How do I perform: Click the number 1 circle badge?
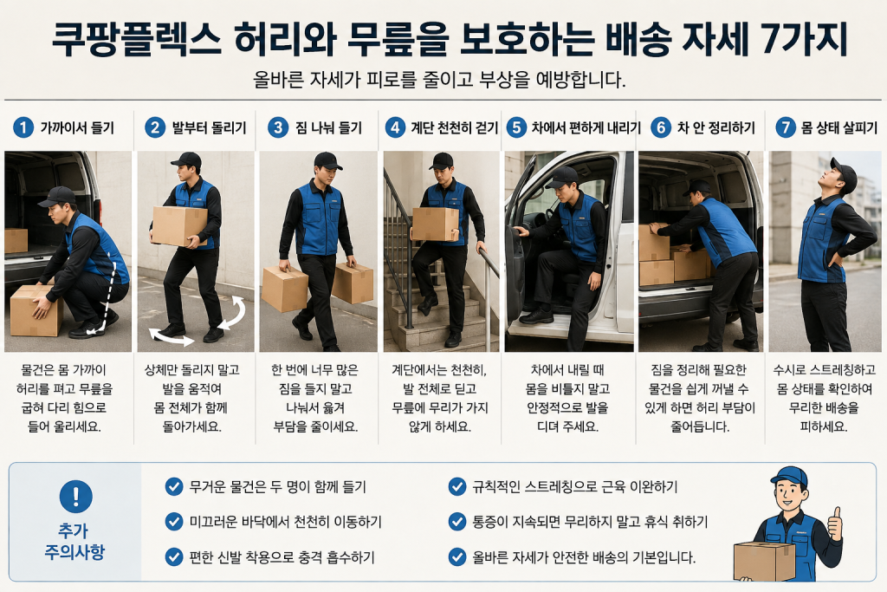(23, 127)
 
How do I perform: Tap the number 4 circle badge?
(395, 127)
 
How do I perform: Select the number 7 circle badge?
(785, 127)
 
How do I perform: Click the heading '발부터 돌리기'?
(209, 128)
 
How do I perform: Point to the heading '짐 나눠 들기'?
(328, 128)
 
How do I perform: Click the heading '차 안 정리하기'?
(715, 128)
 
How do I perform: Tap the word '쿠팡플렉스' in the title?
(136, 38)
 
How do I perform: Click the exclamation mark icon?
(76, 497)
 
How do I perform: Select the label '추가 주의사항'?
(74, 541)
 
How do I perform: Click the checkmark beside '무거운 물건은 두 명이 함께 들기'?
(173, 486)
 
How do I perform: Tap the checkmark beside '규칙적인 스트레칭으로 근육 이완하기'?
(456, 486)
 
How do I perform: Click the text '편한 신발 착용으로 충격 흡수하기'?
(282, 557)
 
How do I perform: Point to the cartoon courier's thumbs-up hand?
(834, 523)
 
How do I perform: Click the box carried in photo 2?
(179, 226)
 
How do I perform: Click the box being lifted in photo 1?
(36, 310)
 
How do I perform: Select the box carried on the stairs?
(435, 224)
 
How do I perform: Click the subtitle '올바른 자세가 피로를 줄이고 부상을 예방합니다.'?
(439, 79)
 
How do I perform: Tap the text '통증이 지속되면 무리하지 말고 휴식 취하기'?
(590, 522)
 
